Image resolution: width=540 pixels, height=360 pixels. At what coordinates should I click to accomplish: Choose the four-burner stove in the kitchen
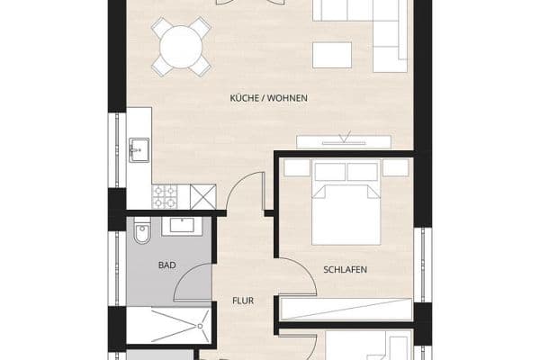tap(166, 194)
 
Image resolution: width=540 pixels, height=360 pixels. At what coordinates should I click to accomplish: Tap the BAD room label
tap(166, 266)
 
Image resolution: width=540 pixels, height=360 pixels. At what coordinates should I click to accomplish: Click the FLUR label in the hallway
tap(242, 301)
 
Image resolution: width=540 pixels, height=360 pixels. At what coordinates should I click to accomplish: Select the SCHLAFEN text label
tap(346, 269)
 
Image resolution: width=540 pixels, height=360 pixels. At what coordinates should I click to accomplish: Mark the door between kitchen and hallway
tap(243, 193)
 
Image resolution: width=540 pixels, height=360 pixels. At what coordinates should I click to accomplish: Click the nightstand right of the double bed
tap(393, 169)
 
